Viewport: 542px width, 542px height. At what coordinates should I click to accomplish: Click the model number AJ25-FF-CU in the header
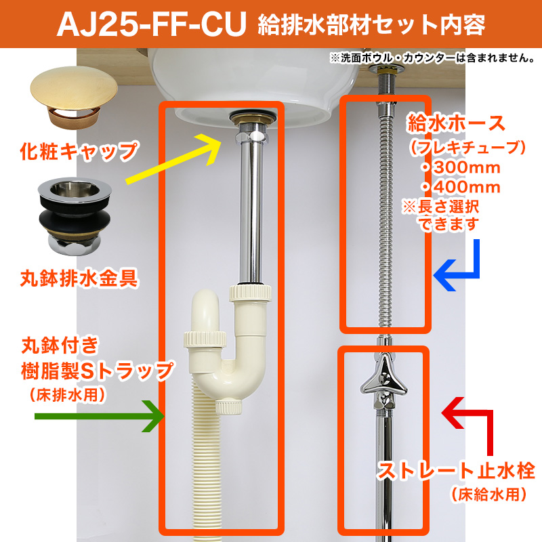tap(151, 24)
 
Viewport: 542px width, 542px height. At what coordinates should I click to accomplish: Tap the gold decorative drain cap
tap(74, 97)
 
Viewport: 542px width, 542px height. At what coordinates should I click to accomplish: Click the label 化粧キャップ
tap(79, 151)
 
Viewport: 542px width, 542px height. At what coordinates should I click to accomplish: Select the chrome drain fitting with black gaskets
tap(75, 217)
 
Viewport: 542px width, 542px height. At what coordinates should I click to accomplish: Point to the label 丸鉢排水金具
tap(79, 278)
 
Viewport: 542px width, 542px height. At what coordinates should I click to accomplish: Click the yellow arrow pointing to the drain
tap(173, 159)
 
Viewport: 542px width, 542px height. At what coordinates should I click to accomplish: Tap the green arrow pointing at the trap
tap(99, 416)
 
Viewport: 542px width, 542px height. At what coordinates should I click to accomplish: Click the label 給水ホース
tap(456, 123)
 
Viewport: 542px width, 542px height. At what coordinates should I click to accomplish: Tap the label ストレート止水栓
tap(456, 471)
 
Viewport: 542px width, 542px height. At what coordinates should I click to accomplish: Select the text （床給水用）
tap(488, 495)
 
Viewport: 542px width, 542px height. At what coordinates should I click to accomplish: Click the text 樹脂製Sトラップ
tap(97, 370)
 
